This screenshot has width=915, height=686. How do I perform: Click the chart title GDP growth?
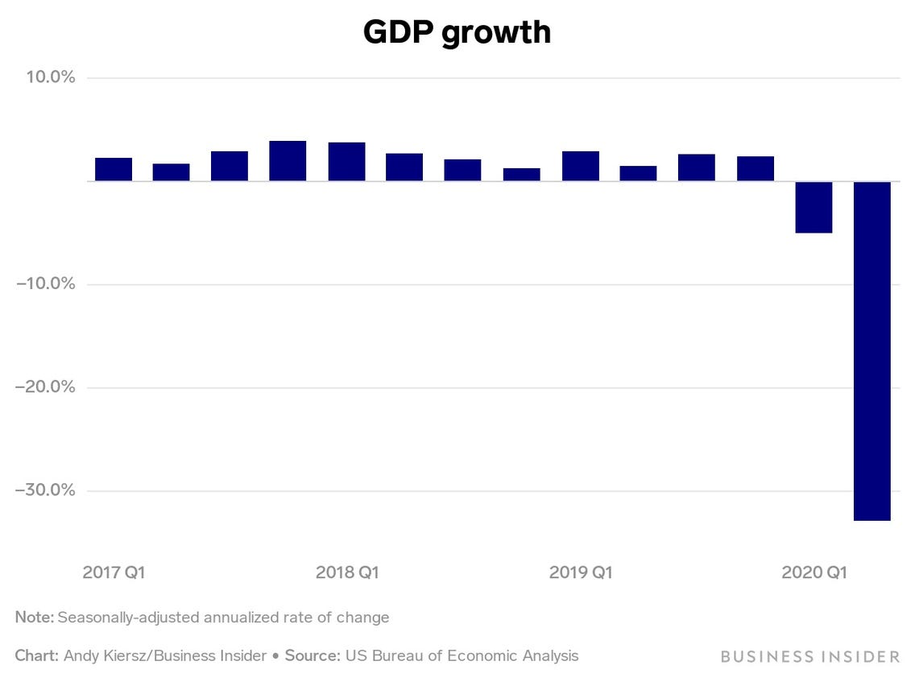(x=457, y=32)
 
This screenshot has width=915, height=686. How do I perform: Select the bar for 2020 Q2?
(x=872, y=350)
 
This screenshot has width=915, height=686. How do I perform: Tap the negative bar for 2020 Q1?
(x=814, y=207)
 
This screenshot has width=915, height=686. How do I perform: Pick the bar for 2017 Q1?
(x=114, y=169)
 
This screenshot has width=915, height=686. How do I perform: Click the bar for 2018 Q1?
(x=346, y=161)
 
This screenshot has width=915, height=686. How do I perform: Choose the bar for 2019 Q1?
(x=580, y=166)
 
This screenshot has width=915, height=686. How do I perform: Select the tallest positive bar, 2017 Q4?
(x=288, y=160)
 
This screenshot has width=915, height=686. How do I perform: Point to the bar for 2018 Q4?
(x=521, y=174)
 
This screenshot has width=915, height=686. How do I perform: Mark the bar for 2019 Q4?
(x=756, y=168)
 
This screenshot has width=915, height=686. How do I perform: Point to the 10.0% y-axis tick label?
(x=47, y=77)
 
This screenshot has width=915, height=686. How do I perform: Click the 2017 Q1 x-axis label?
(x=114, y=572)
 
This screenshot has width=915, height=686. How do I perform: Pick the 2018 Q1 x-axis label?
(x=347, y=572)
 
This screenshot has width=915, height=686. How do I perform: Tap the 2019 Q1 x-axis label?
(x=581, y=572)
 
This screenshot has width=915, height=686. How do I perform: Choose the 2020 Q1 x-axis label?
(x=814, y=572)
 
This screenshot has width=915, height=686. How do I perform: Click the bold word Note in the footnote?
(x=33, y=618)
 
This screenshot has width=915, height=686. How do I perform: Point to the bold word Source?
(x=312, y=655)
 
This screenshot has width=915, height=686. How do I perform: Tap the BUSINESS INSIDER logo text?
(x=809, y=656)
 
